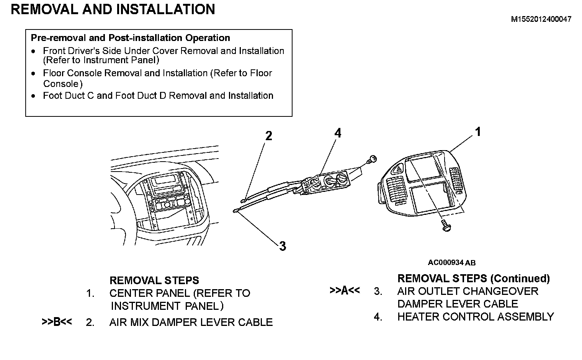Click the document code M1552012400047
click(541, 19)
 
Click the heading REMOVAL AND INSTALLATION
click(113, 9)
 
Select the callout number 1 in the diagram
click(478, 132)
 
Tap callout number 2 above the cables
click(269, 136)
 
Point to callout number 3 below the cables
click(283, 246)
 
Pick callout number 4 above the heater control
click(337, 133)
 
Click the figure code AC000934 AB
click(451, 263)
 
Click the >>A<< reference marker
click(345, 291)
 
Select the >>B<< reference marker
click(57, 322)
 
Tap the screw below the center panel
click(445, 226)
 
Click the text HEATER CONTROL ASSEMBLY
click(476, 317)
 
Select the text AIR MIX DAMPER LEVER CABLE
click(191, 322)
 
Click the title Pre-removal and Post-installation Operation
click(130, 38)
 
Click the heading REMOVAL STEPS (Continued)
click(474, 278)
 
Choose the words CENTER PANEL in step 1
click(150, 293)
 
